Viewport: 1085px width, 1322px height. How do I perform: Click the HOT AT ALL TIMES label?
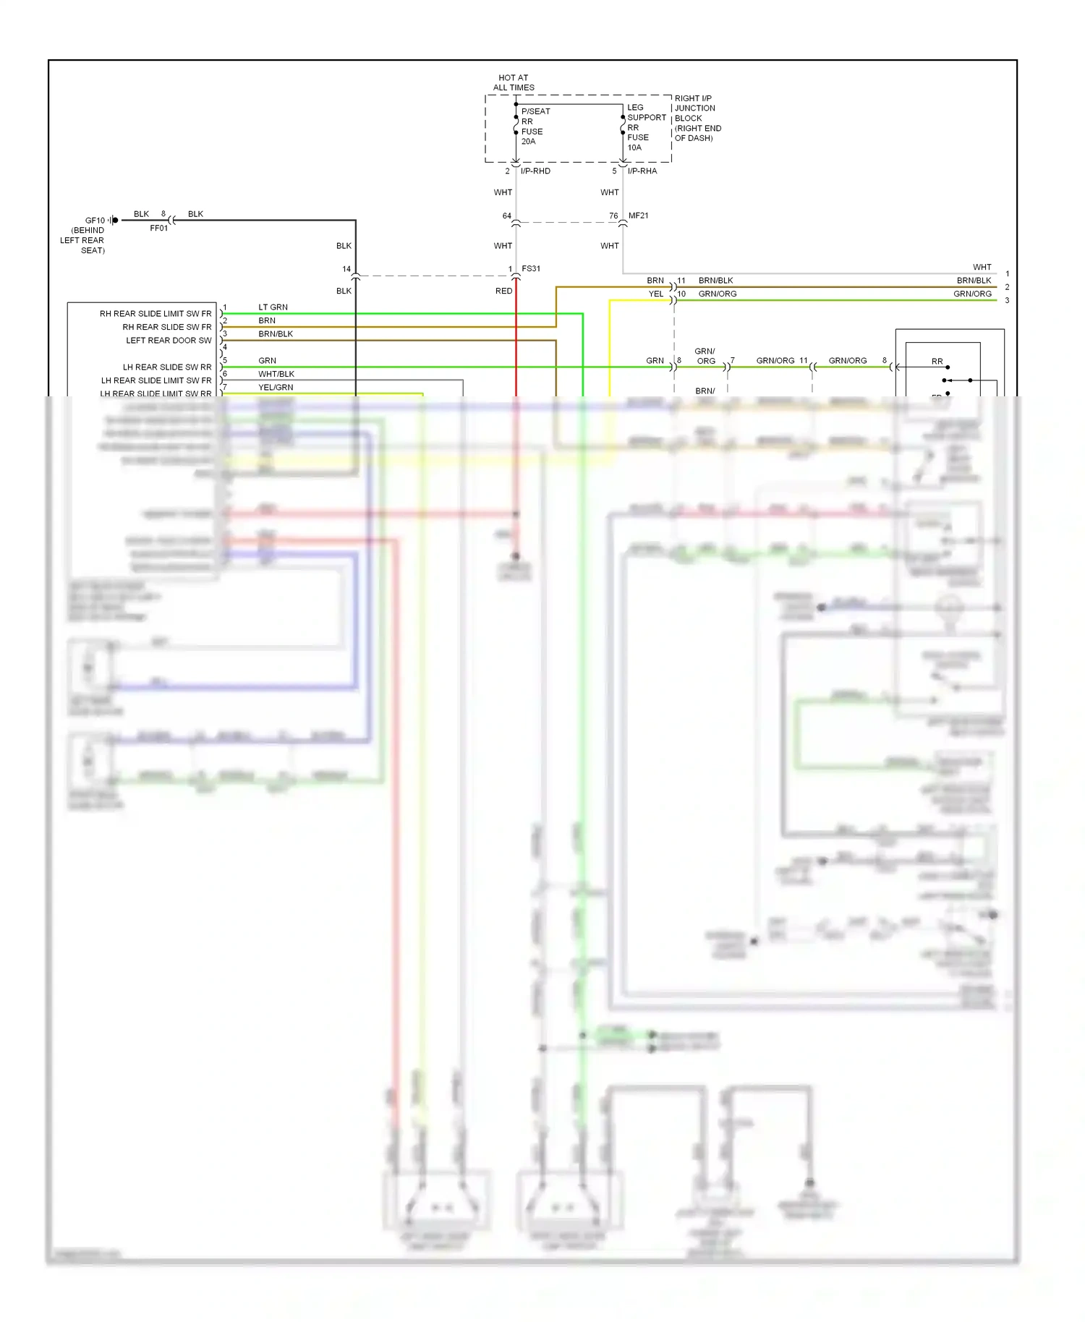pyautogui.click(x=514, y=82)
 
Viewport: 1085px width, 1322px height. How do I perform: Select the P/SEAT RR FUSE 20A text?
pyautogui.click(x=535, y=127)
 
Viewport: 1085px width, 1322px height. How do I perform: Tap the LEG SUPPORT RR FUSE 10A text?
pyautogui.click(x=645, y=127)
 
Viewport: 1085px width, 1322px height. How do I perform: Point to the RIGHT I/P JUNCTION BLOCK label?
pyautogui.click(x=697, y=118)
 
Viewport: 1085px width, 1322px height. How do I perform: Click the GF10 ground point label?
pyautogui.click(x=95, y=221)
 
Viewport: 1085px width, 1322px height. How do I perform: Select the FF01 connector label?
pyautogui.click(x=158, y=229)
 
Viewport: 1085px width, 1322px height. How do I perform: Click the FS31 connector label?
pyautogui.click(x=531, y=268)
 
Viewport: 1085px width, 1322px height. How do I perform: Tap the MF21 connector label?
pyautogui.click(x=639, y=216)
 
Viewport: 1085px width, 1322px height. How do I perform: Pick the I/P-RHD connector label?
pyautogui.click(x=535, y=171)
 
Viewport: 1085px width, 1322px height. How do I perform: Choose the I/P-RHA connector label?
pyautogui.click(x=642, y=171)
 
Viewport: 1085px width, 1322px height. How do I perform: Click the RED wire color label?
pyautogui.click(x=503, y=291)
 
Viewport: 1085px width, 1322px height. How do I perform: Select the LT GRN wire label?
pyautogui.click(x=273, y=307)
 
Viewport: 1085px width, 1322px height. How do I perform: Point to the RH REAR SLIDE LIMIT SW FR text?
pyautogui.click(x=156, y=314)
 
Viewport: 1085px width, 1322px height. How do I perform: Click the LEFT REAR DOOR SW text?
pyautogui.click(x=169, y=341)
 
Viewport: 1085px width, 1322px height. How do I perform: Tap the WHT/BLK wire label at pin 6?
pyautogui.click(x=276, y=374)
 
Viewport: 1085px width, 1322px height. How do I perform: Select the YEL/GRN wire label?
pyautogui.click(x=276, y=388)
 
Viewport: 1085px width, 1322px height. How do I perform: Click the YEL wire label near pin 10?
pyautogui.click(x=655, y=294)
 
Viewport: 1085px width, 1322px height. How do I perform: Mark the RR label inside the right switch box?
pyautogui.click(x=937, y=361)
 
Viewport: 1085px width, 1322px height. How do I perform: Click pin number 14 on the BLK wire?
pyautogui.click(x=346, y=269)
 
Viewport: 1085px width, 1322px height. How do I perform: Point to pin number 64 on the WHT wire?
pyautogui.click(x=507, y=216)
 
